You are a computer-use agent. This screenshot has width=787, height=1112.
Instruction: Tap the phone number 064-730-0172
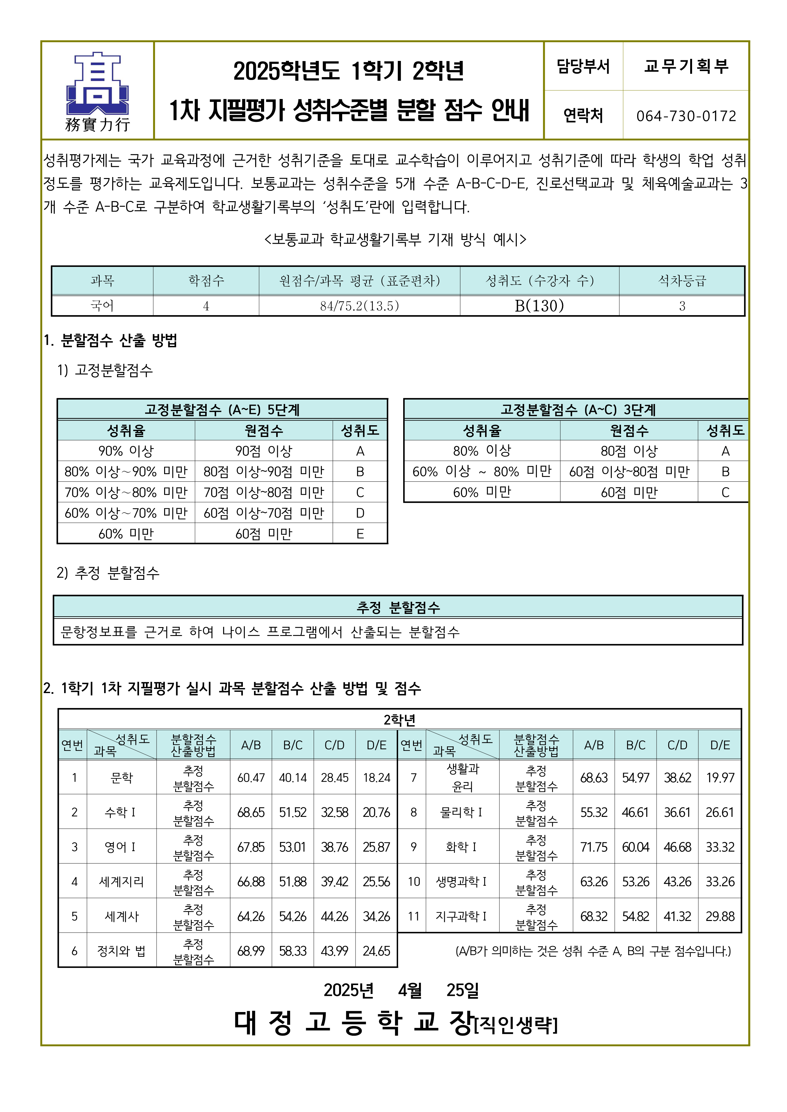(686, 116)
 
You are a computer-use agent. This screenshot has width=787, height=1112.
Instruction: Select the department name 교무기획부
(686, 66)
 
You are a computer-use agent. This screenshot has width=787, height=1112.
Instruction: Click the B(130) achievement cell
(539, 306)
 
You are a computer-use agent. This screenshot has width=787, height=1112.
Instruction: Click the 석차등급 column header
(681, 281)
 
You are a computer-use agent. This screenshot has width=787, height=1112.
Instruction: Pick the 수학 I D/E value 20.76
(376, 812)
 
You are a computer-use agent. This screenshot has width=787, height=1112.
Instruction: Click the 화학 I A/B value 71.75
(594, 847)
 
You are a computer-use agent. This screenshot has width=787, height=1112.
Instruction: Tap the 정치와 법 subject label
(121, 951)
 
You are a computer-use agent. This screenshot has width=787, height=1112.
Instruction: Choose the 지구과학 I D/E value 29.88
(720, 916)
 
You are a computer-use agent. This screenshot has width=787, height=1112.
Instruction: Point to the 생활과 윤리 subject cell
(462, 777)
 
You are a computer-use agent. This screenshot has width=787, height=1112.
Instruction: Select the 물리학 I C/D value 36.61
(677, 812)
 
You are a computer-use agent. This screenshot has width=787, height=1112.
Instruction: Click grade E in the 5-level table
(360, 534)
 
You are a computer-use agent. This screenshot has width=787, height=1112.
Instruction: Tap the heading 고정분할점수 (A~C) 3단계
(578, 410)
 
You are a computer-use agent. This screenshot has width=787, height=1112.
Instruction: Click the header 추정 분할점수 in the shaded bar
(398, 607)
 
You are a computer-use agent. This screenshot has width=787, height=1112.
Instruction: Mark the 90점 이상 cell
(263, 451)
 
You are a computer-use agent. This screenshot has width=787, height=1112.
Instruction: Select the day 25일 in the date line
(462, 990)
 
